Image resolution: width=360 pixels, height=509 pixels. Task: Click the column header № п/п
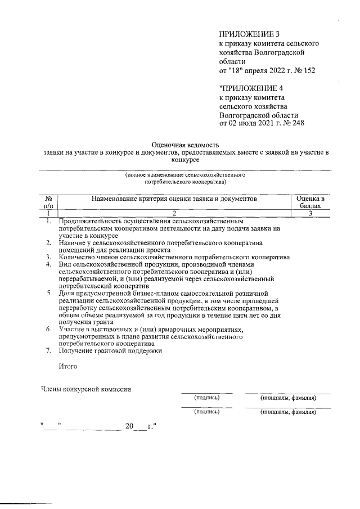[x=49, y=202]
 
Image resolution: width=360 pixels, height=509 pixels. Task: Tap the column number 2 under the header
[x=174, y=213]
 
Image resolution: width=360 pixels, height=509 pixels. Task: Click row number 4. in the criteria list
[x=49, y=264]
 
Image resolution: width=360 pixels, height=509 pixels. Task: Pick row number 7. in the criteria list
[x=49, y=351]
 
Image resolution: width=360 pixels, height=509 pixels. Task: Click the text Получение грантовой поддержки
[x=110, y=351]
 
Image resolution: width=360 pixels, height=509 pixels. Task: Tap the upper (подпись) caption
[x=206, y=398]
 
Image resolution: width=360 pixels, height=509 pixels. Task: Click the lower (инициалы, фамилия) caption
[x=287, y=412]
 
